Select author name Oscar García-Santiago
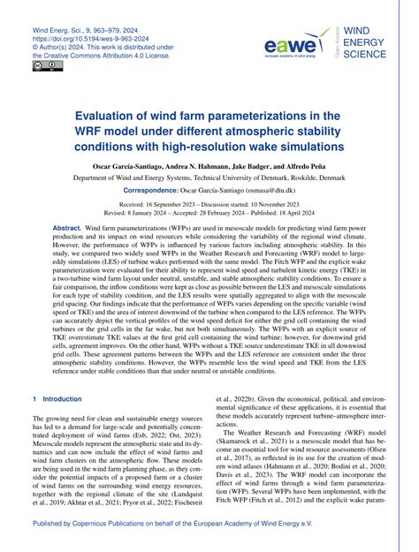pyautogui.click(x=126, y=166)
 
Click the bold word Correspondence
pyautogui.click(x=158, y=191)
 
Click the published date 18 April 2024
pyautogui.click(x=307, y=213)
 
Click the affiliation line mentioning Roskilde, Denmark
pyautogui.click(x=209, y=178)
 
